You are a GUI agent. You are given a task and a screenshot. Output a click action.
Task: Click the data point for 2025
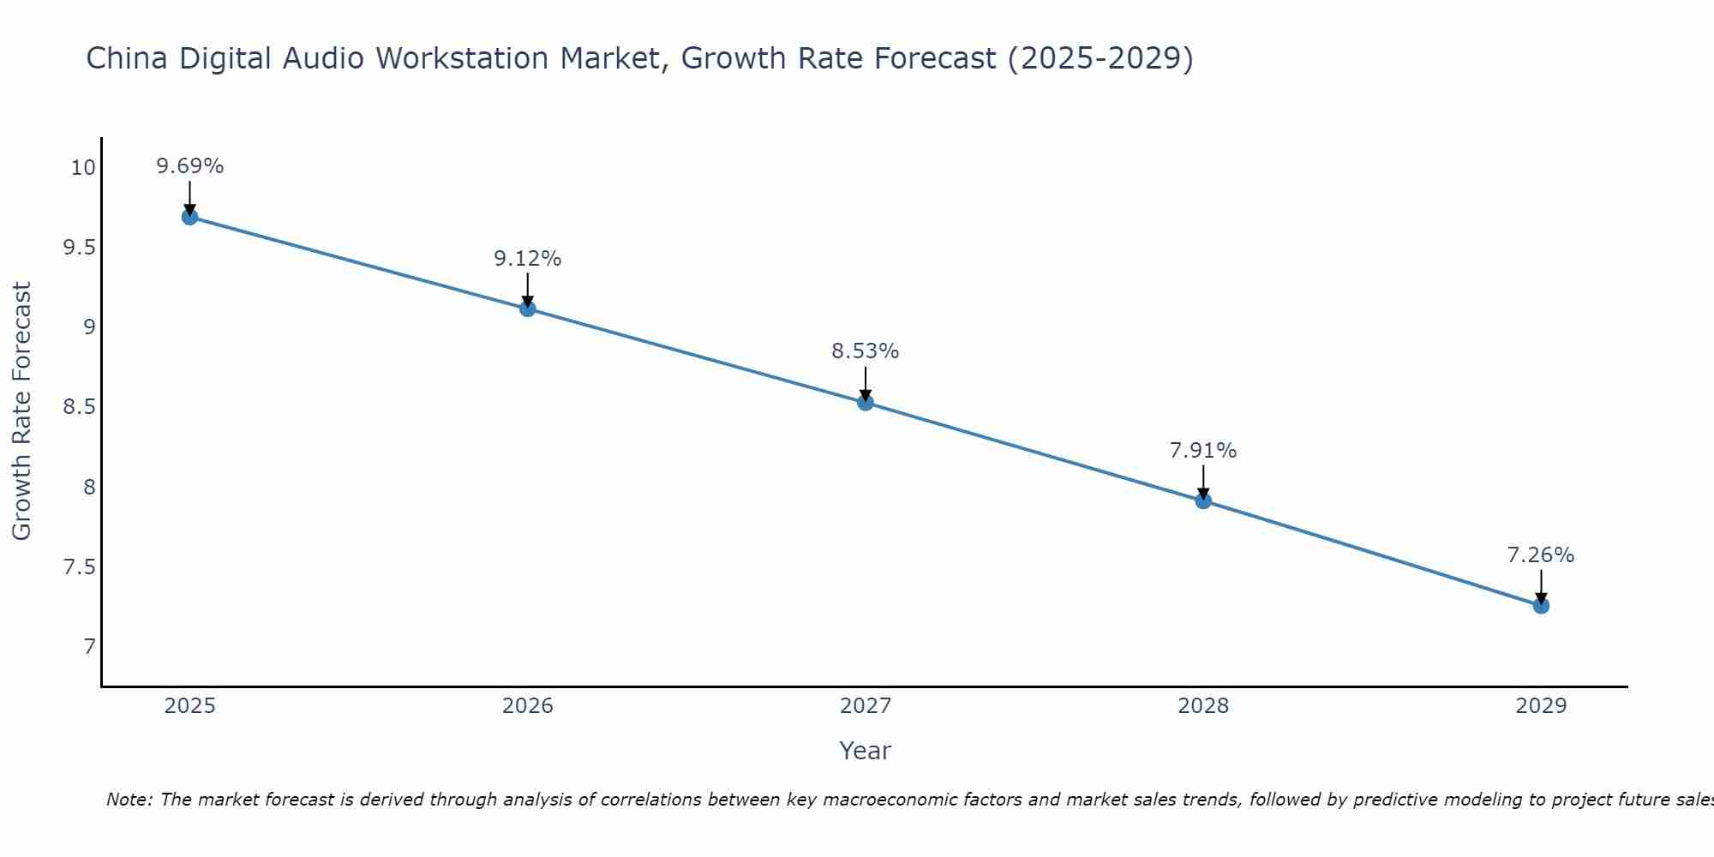pyautogui.click(x=189, y=217)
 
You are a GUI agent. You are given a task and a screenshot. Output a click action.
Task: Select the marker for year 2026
pyautogui.click(x=528, y=309)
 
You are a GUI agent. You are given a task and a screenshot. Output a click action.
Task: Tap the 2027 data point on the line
pyautogui.click(x=866, y=402)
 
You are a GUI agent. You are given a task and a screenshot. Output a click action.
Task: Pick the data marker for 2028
pyautogui.click(x=1203, y=500)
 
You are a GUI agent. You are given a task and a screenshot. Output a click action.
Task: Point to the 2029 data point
pyautogui.click(x=1541, y=606)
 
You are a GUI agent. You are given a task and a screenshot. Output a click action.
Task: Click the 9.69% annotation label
pyautogui.click(x=189, y=166)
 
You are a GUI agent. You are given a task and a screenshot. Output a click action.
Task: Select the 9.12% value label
pyautogui.click(x=528, y=259)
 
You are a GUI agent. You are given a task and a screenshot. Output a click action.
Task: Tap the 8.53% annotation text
pyautogui.click(x=866, y=351)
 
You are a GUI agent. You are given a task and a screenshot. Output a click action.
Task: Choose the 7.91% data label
pyautogui.click(x=1203, y=451)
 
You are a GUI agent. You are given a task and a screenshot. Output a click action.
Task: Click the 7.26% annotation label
pyautogui.click(x=1541, y=555)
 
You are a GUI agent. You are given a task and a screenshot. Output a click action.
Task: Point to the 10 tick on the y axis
pyautogui.click(x=83, y=167)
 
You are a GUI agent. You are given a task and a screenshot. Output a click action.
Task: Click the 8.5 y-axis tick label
pyautogui.click(x=79, y=407)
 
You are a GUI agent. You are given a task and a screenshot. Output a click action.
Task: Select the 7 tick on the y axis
pyautogui.click(x=89, y=647)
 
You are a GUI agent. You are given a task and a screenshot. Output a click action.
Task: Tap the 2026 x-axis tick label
pyautogui.click(x=528, y=706)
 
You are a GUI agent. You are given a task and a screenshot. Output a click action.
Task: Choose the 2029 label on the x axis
pyautogui.click(x=1541, y=706)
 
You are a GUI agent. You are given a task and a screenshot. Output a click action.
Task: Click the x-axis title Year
pyautogui.click(x=866, y=751)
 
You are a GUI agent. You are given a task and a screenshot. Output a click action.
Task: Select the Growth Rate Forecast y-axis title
pyautogui.click(x=21, y=411)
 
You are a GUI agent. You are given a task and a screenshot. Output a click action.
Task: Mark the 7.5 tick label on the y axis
pyautogui.click(x=79, y=567)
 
